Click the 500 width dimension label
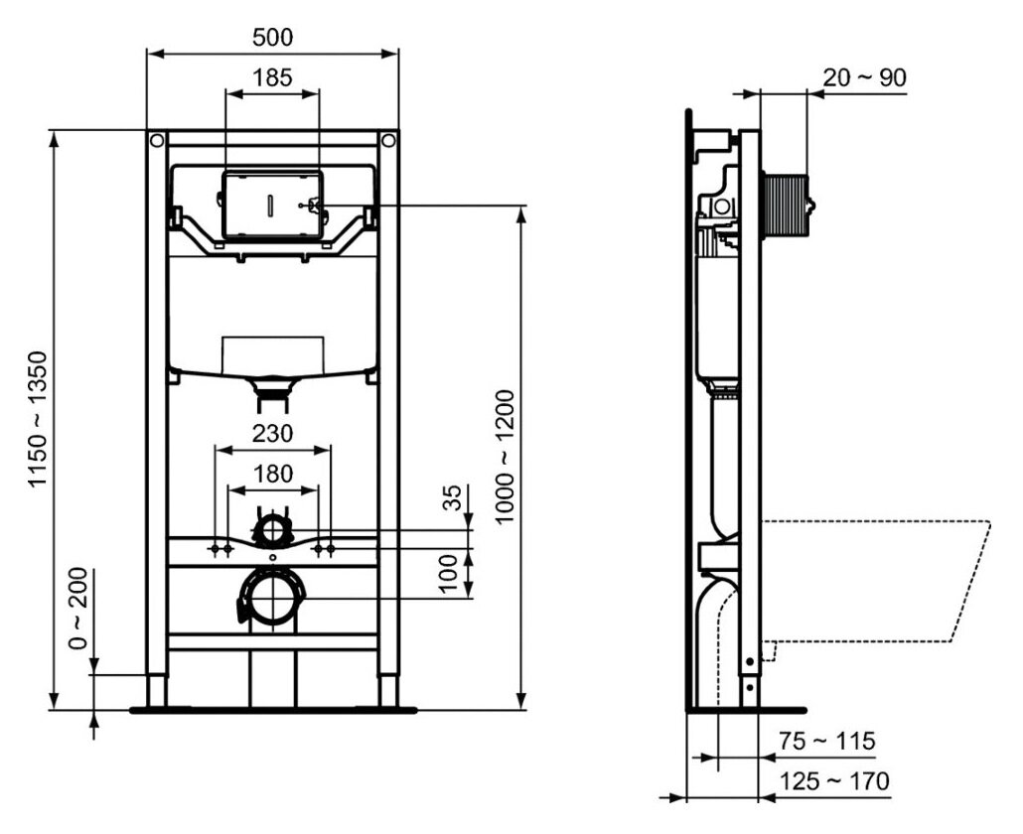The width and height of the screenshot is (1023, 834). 273,37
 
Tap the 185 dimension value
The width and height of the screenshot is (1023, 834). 272,77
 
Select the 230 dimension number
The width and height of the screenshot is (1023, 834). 273,434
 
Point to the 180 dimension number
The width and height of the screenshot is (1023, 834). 273,474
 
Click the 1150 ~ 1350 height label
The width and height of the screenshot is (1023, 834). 39,419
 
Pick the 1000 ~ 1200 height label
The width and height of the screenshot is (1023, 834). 505,457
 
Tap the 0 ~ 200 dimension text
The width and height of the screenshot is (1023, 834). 77,608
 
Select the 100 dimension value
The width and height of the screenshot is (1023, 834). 450,574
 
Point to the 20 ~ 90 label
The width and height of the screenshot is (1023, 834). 864,77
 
